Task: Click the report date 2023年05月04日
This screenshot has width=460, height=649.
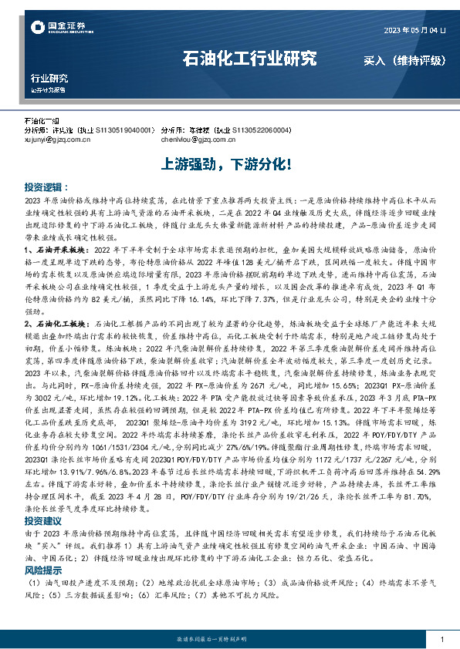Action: (414, 31)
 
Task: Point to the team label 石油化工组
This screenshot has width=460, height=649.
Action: (42, 122)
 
